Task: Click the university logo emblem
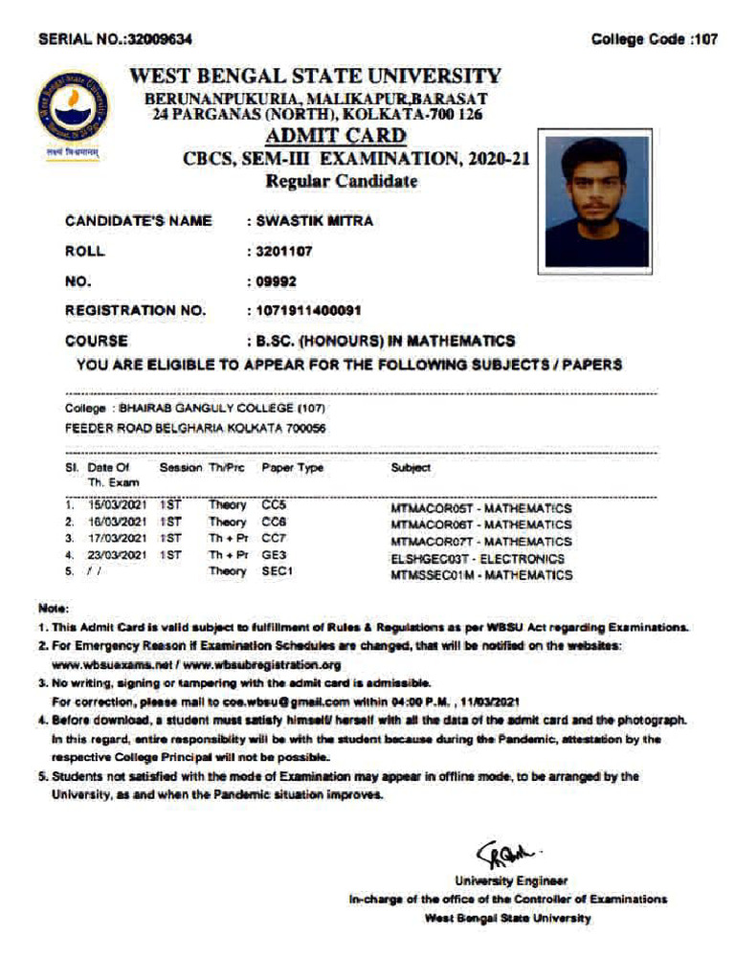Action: point(73,105)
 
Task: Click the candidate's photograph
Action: point(597,202)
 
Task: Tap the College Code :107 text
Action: point(654,39)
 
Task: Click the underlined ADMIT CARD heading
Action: point(335,136)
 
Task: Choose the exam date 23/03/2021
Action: point(117,555)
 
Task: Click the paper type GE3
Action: point(275,555)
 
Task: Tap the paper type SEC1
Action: point(278,572)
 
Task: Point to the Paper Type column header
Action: point(292,468)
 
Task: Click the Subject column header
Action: point(411,468)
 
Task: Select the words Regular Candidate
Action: point(341,182)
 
